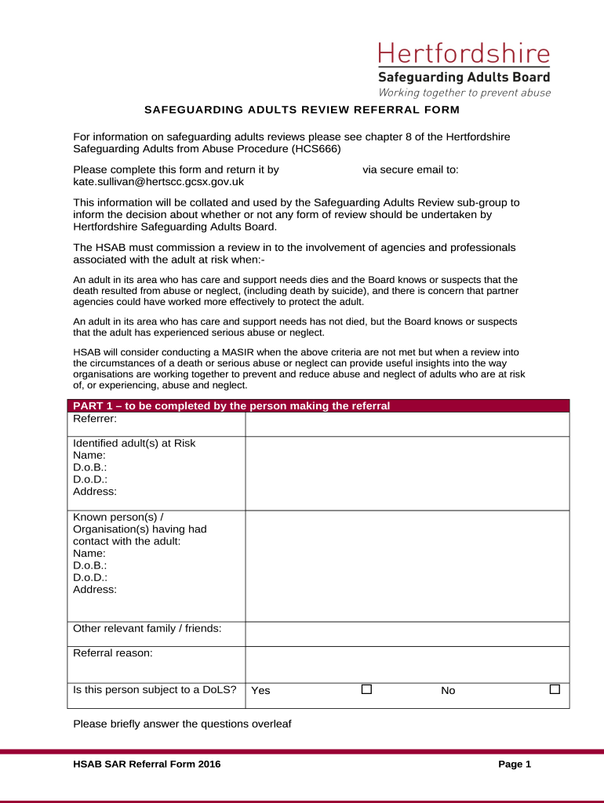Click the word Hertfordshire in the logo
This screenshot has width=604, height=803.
[x=464, y=55]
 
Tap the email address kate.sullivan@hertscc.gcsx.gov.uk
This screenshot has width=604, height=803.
[x=158, y=182]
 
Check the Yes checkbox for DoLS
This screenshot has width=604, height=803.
[x=366, y=689]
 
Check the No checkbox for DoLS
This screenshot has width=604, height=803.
[x=555, y=689]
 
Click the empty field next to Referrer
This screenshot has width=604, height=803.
[x=407, y=424]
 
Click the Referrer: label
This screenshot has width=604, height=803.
[x=94, y=420]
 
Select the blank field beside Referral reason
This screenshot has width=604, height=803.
[x=407, y=663]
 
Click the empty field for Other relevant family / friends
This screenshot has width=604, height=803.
[x=407, y=634]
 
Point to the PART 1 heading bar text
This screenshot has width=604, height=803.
[x=231, y=406]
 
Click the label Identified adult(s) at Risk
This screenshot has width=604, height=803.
[x=134, y=443]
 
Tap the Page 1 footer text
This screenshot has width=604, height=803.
[x=515, y=764]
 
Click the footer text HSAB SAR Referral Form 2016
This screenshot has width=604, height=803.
[x=147, y=764]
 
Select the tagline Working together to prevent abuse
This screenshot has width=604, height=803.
[x=464, y=93]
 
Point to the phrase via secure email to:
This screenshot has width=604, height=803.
[x=410, y=169]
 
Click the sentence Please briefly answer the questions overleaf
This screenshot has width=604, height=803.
[x=182, y=724]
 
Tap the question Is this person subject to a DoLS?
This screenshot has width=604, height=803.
[x=155, y=690]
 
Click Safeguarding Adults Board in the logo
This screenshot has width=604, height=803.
[x=464, y=77]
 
